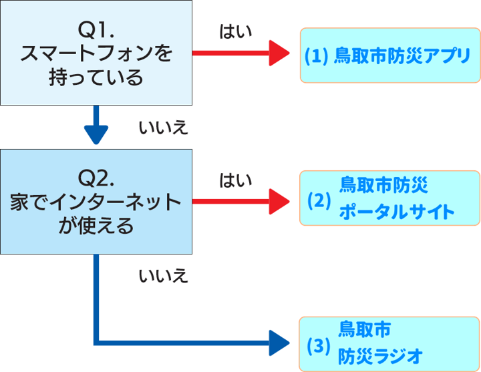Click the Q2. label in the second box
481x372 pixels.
coord(96,178)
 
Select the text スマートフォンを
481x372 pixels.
coord(96,54)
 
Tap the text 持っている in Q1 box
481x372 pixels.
coord(96,78)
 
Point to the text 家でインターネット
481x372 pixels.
coord(96,202)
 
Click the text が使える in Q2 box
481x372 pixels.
coord(96,226)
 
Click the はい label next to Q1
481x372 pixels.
coord(236,31)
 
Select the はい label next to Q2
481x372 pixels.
coord(236,180)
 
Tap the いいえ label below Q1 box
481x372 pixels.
coord(163,128)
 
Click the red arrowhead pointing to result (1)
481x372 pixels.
coord(279,53)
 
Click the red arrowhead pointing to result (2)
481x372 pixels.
coord(279,201)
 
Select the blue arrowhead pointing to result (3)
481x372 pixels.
coord(279,343)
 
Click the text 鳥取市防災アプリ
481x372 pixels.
coord(402,55)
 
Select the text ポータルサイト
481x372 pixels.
coord(397,213)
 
